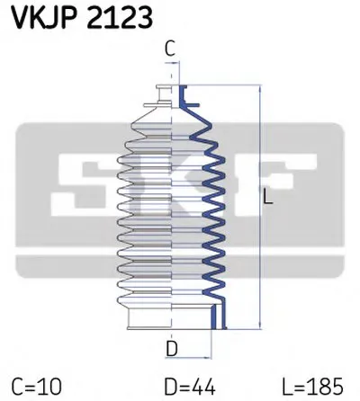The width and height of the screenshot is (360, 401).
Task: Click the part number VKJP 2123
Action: (x=82, y=18)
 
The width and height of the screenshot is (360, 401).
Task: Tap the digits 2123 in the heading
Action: (x=120, y=18)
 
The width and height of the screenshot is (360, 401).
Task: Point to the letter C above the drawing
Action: (x=170, y=49)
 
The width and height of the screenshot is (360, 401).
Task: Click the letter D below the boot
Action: (x=172, y=349)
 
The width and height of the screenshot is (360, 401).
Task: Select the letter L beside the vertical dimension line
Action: (x=268, y=197)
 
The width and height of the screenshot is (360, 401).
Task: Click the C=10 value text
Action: (x=37, y=387)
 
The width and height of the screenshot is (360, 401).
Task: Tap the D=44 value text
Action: (x=190, y=387)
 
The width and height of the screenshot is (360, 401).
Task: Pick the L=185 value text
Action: (x=312, y=387)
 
